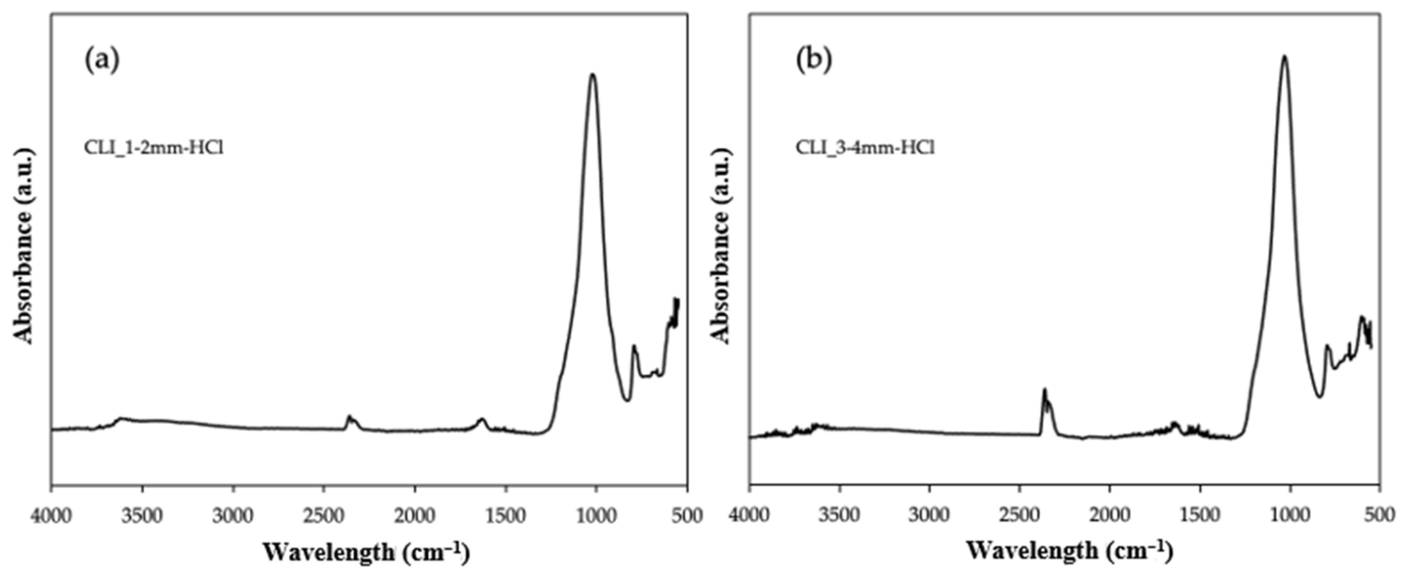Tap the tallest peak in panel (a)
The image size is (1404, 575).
click(592, 76)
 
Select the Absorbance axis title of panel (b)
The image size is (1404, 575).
click(720, 246)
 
